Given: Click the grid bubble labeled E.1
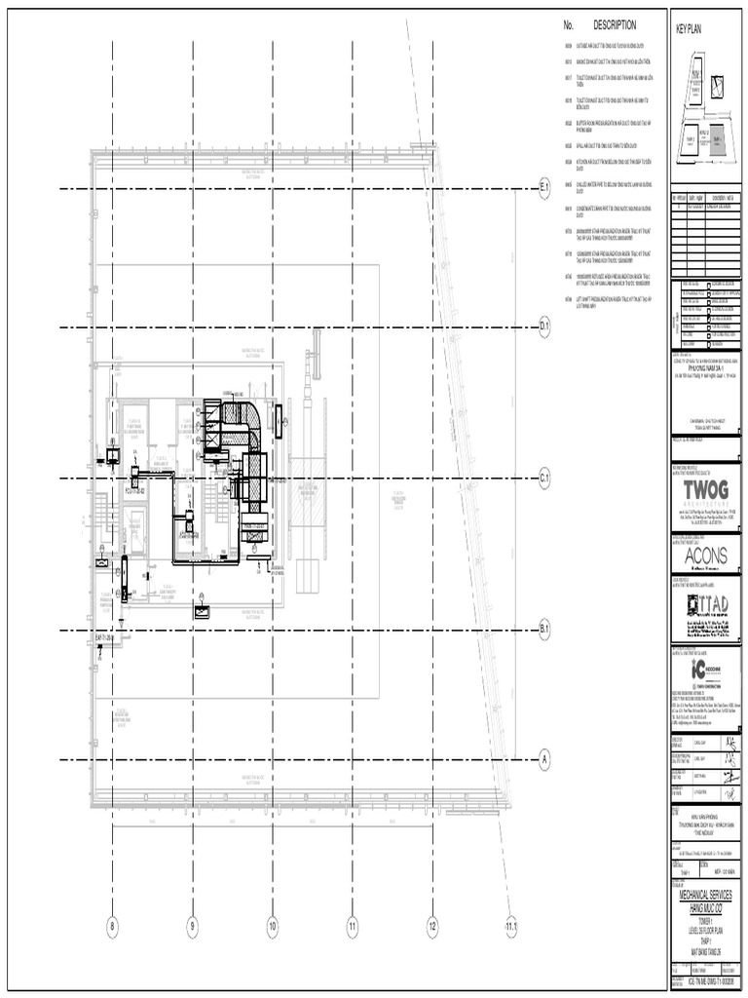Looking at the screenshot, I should tap(545, 189).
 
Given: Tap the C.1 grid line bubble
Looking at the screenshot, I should tap(545, 478).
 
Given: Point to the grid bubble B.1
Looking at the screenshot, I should tap(545, 631).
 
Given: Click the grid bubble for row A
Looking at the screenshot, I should tap(545, 759).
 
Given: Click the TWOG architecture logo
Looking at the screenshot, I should tap(706, 487).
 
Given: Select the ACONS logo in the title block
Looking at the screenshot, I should tap(705, 556).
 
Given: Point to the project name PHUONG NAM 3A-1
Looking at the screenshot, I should tap(706, 369).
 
